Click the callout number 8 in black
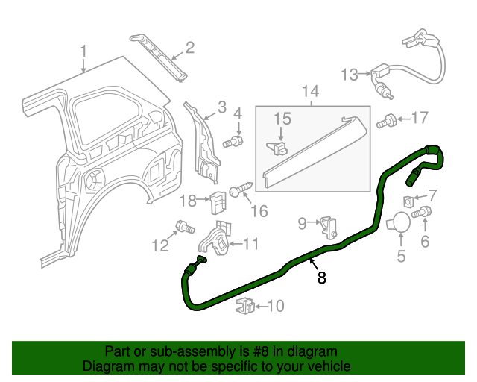(321, 278)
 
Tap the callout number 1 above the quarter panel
(83, 51)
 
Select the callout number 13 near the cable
(350, 75)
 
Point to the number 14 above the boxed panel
(311, 91)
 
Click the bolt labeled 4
(233, 142)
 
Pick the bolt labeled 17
(387, 121)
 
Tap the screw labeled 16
(241, 189)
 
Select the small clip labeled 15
(277, 148)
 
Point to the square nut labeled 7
(408, 201)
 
